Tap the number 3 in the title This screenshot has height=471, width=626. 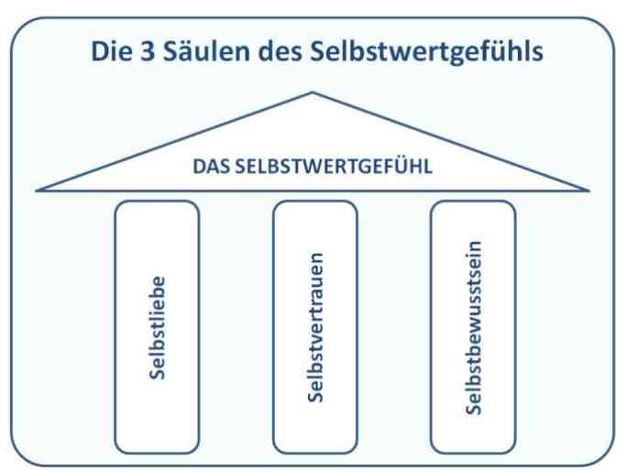[x=148, y=51]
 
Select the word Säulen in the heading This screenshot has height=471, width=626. [x=206, y=51]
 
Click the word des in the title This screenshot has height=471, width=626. [x=280, y=51]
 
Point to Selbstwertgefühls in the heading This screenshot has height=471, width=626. [x=427, y=52]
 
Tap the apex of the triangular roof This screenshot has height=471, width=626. [x=313, y=93]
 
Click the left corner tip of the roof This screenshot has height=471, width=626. [x=37, y=191]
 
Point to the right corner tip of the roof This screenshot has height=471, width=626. [x=588, y=191]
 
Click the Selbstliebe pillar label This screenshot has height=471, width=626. [x=157, y=328]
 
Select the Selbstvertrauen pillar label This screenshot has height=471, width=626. [x=315, y=327]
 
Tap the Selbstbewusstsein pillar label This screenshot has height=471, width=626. [x=474, y=328]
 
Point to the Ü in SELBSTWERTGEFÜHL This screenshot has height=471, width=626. [x=401, y=165]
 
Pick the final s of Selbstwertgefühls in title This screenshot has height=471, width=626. [x=538, y=55]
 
